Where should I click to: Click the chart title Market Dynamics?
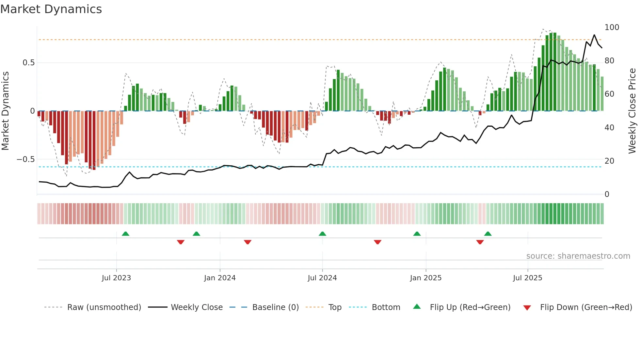point(51,9)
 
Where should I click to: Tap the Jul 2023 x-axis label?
point(116,278)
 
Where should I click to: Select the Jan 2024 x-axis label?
point(220,278)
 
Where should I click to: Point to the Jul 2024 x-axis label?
point(322,278)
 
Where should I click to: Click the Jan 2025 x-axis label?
point(426,278)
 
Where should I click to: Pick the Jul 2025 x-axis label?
point(528,278)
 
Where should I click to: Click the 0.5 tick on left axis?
point(28,63)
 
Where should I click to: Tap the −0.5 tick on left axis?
point(26,159)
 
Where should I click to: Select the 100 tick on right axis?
point(612,27)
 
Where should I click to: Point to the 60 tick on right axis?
point(609,94)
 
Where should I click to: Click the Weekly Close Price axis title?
point(632,111)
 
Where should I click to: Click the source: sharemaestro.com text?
point(578,256)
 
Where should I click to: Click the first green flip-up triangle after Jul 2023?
point(125,234)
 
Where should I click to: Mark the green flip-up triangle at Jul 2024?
point(322,234)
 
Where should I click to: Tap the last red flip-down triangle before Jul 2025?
point(480,242)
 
